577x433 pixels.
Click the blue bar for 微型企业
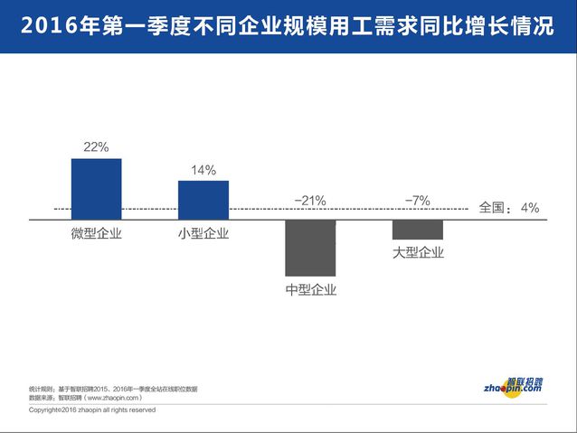pyautogui.click(x=96, y=188)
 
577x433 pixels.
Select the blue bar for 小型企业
pyautogui.click(x=203, y=200)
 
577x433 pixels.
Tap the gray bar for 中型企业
pyautogui.click(x=310, y=248)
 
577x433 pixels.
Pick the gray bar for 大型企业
pyautogui.click(x=417, y=229)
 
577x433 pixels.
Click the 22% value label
pyautogui.click(x=96, y=146)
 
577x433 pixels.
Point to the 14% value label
pyautogui.click(x=203, y=170)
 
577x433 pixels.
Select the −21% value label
pyautogui.click(x=310, y=201)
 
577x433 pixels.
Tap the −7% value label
pyautogui.click(x=417, y=201)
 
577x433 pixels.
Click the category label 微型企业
pyautogui.click(x=96, y=234)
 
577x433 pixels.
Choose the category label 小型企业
pyautogui.click(x=203, y=234)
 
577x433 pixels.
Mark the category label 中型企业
pyautogui.click(x=310, y=289)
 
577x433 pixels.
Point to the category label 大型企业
pyautogui.click(x=418, y=252)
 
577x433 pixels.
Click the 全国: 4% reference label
pyautogui.click(x=508, y=208)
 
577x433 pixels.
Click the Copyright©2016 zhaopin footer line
pyautogui.click(x=92, y=409)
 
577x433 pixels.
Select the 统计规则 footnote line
pyautogui.click(x=113, y=388)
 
